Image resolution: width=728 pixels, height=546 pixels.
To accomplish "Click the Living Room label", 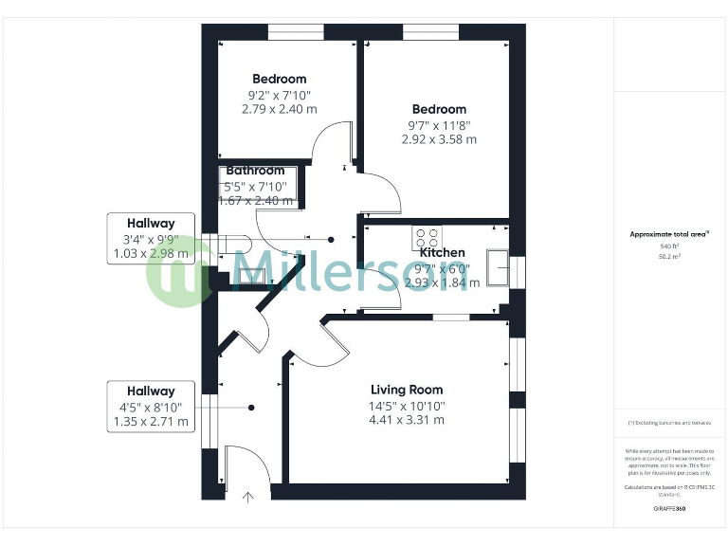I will coord(406,390).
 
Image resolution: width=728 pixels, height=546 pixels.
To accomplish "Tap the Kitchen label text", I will coord(442,252).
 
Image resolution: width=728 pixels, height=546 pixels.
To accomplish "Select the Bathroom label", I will coord(255,171).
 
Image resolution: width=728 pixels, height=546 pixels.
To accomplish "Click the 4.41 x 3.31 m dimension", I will coord(406,420).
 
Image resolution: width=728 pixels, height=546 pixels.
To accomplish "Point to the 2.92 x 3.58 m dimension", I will coord(439,139).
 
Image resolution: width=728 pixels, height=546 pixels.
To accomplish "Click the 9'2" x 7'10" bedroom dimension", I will coord(279,95).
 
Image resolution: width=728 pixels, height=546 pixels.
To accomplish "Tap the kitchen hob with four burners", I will coord(427,236).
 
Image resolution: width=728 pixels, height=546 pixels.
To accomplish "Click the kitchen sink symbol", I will coord(497,268).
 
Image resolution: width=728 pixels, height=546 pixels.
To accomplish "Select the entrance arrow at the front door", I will coord(249,496).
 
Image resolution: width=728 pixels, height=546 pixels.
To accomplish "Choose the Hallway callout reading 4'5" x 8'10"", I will coord(152,407).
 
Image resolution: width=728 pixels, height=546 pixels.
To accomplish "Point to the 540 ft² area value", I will coord(670,246).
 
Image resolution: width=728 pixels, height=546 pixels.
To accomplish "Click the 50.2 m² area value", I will coord(670,257).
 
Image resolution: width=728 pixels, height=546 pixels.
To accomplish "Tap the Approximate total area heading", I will coord(670,234).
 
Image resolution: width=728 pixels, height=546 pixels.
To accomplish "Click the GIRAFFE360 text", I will coord(670,509).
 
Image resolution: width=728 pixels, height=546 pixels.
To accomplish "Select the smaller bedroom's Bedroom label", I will coord(279,79).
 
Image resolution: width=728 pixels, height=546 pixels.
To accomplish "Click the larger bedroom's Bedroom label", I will coord(439,109).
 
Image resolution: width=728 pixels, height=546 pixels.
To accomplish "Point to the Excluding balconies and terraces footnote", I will coord(670,422).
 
